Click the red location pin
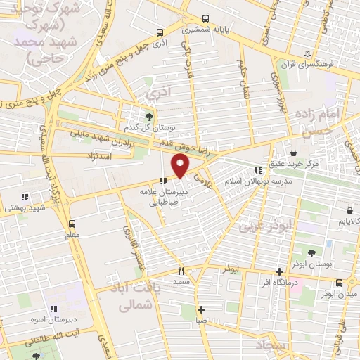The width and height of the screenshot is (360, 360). tap(181, 166)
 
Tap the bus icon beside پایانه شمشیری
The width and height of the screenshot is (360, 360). tap(205, 19)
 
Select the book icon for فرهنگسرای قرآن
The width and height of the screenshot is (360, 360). tap(306, 53)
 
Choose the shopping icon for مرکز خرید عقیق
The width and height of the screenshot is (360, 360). tap(292, 153)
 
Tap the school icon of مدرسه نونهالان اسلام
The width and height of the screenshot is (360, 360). tap(259, 170)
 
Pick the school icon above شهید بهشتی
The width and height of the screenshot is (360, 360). tap(25, 197)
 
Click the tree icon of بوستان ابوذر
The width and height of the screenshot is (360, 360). tap(311, 251)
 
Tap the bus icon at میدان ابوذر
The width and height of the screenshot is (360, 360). tap(340, 282)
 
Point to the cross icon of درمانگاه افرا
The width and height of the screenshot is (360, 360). tap(279, 271)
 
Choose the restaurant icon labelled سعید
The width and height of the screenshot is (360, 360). tap(181, 271)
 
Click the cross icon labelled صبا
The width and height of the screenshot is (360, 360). tap(202, 309)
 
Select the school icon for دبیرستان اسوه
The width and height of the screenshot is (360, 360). tap(53, 308)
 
